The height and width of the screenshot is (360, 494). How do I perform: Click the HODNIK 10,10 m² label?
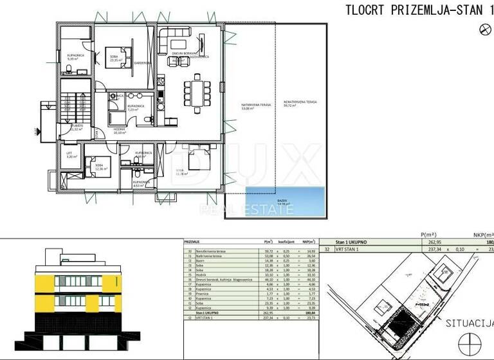click(119, 130)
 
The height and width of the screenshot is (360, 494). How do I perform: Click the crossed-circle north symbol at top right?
click(485, 28)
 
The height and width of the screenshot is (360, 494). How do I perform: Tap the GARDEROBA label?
click(143, 63)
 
